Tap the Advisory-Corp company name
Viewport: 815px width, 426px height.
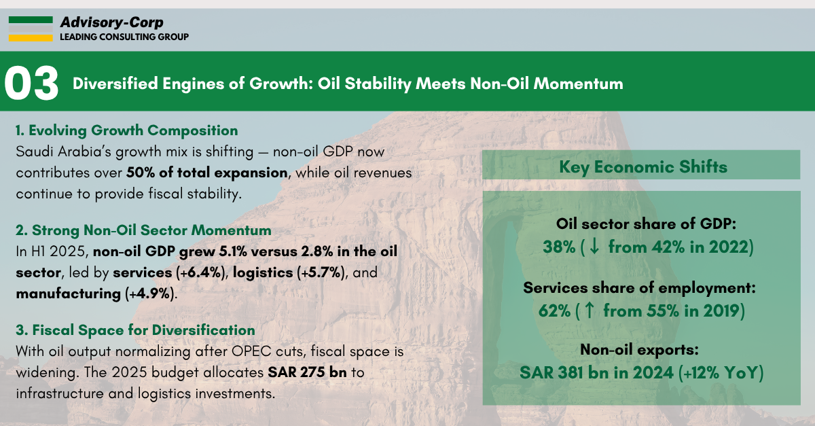(111, 22)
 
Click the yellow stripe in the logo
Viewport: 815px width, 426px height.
(31, 38)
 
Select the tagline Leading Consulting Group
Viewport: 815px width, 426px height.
(124, 37)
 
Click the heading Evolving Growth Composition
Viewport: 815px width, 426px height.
(126, 130)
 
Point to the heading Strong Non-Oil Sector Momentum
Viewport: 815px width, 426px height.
(143, 230)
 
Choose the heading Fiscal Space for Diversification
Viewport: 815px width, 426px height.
(135, 330)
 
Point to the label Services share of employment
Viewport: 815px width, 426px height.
(640, 288)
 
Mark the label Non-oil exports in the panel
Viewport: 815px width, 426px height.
(640, 351)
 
